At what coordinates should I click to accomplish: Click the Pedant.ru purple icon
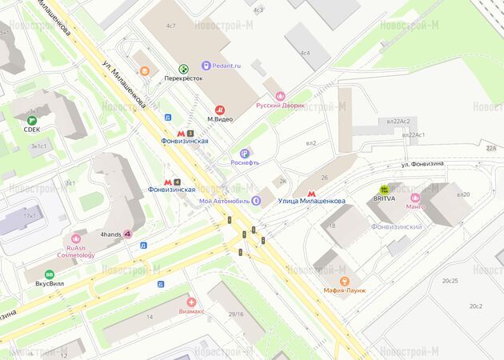coord(206,65)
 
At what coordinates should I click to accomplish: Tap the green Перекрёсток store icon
coord(183,70)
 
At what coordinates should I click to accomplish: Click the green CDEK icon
coord(32,120)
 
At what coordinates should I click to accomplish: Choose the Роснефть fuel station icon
coord(245,153)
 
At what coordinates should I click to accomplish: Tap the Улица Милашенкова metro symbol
coord(311,192)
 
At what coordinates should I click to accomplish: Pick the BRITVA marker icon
coord(384,190)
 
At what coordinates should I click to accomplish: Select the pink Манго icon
coord(414,198)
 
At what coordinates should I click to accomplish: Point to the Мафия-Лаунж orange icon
coord(345,281)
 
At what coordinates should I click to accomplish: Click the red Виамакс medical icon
coord(191,302)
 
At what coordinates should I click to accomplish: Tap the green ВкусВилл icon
coord(50,274)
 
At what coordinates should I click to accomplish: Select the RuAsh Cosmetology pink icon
coord(76,238)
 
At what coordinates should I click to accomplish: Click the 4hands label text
coord(110,234)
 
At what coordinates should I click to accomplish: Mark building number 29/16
coord(236,314)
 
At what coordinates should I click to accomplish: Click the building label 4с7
coord(170,26)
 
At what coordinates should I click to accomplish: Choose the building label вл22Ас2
coord(398,121)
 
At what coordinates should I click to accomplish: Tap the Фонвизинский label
coord(397,226)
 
